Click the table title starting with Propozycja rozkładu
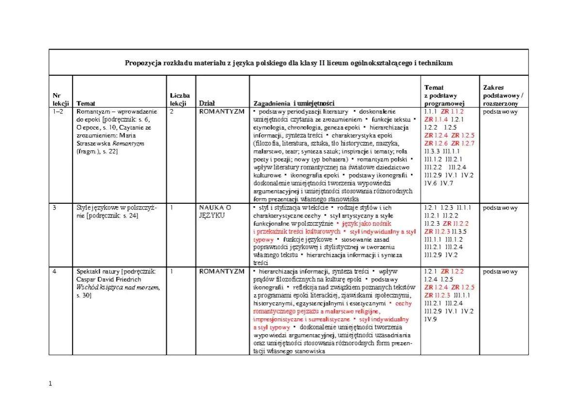point(289,63)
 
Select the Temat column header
point(86,103)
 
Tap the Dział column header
point(206,103)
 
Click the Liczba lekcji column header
point(180,99)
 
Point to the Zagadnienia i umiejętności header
point(294,103)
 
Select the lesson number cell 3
point(55,208)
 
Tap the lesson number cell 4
point(55,271)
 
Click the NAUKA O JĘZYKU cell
point(216,211)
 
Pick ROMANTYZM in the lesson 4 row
point(222,271)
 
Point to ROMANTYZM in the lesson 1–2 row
point(222,111)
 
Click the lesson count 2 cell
point(172,111)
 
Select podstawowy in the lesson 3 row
point(500,208)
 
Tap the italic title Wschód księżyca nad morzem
point(118,287)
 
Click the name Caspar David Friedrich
point(108,280)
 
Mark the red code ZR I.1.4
point(436,119)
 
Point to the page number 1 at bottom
point(50,384)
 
